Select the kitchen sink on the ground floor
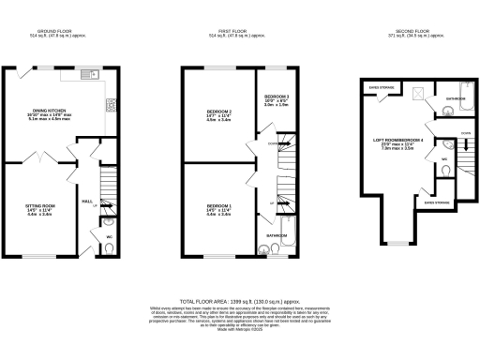tap(91, 75)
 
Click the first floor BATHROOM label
tap(276, 234)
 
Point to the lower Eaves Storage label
tap(436, 201)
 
